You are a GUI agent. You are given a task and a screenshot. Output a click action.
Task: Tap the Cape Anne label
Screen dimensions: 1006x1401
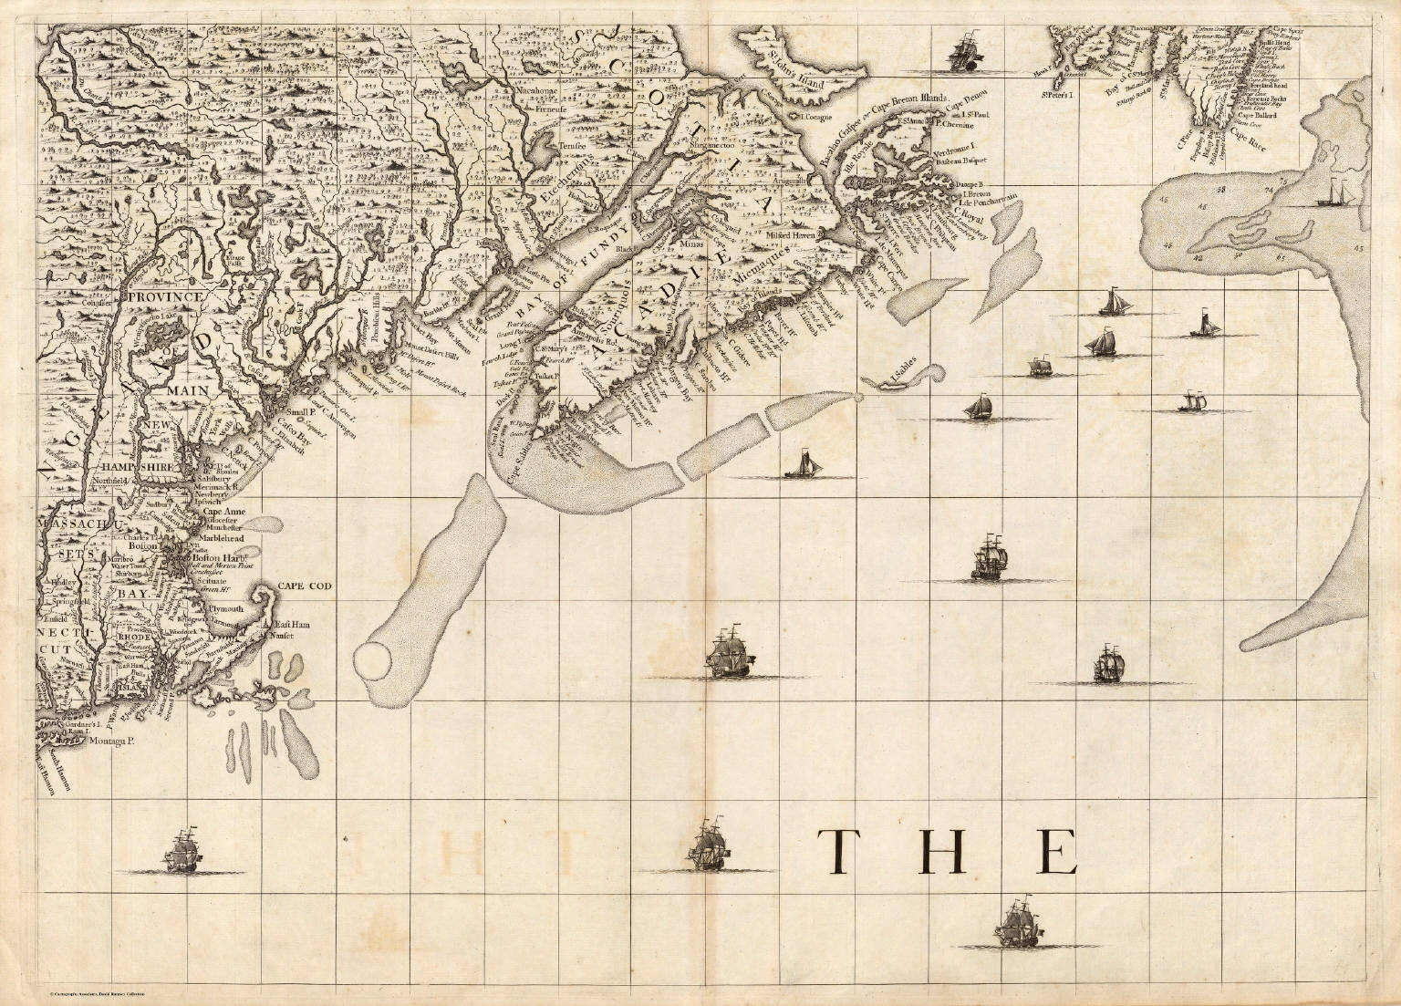(223, 513)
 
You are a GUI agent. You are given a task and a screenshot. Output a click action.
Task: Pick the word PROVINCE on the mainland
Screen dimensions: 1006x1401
(163, 297)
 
